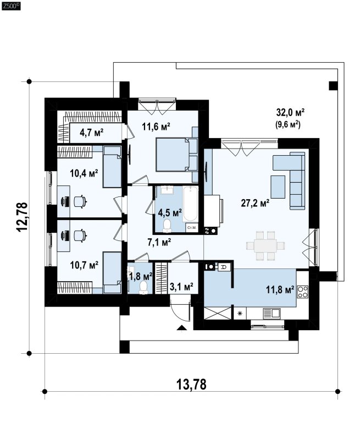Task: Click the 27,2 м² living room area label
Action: [255, 203]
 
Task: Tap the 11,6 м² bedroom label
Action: [156, 127]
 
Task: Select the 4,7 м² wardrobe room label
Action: [91, 133]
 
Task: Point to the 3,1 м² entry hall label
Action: [181, 287]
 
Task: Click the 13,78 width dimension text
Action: [191, 384]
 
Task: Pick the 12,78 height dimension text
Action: [23, 217]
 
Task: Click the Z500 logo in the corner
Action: [11, 6]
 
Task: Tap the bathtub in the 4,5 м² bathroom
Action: [190, 204]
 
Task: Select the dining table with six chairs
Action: [265, 245]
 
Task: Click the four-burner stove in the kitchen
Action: [303, 292]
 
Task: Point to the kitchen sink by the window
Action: [272, 314]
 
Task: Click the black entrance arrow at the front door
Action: [181, 327]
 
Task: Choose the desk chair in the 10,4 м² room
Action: [80, 201]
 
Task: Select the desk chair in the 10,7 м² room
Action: [80, 235]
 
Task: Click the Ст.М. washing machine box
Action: [192, 227]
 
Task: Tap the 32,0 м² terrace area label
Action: [290, 112]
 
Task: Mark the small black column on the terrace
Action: [334, 86]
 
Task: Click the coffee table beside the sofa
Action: [278, 187]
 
